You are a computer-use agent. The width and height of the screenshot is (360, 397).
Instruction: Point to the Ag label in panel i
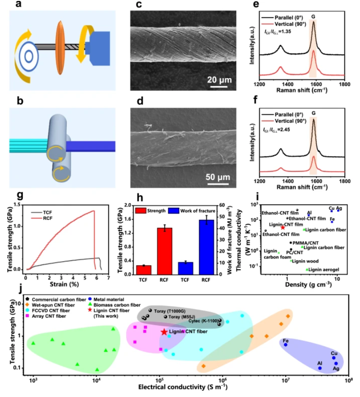pos(339,208)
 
